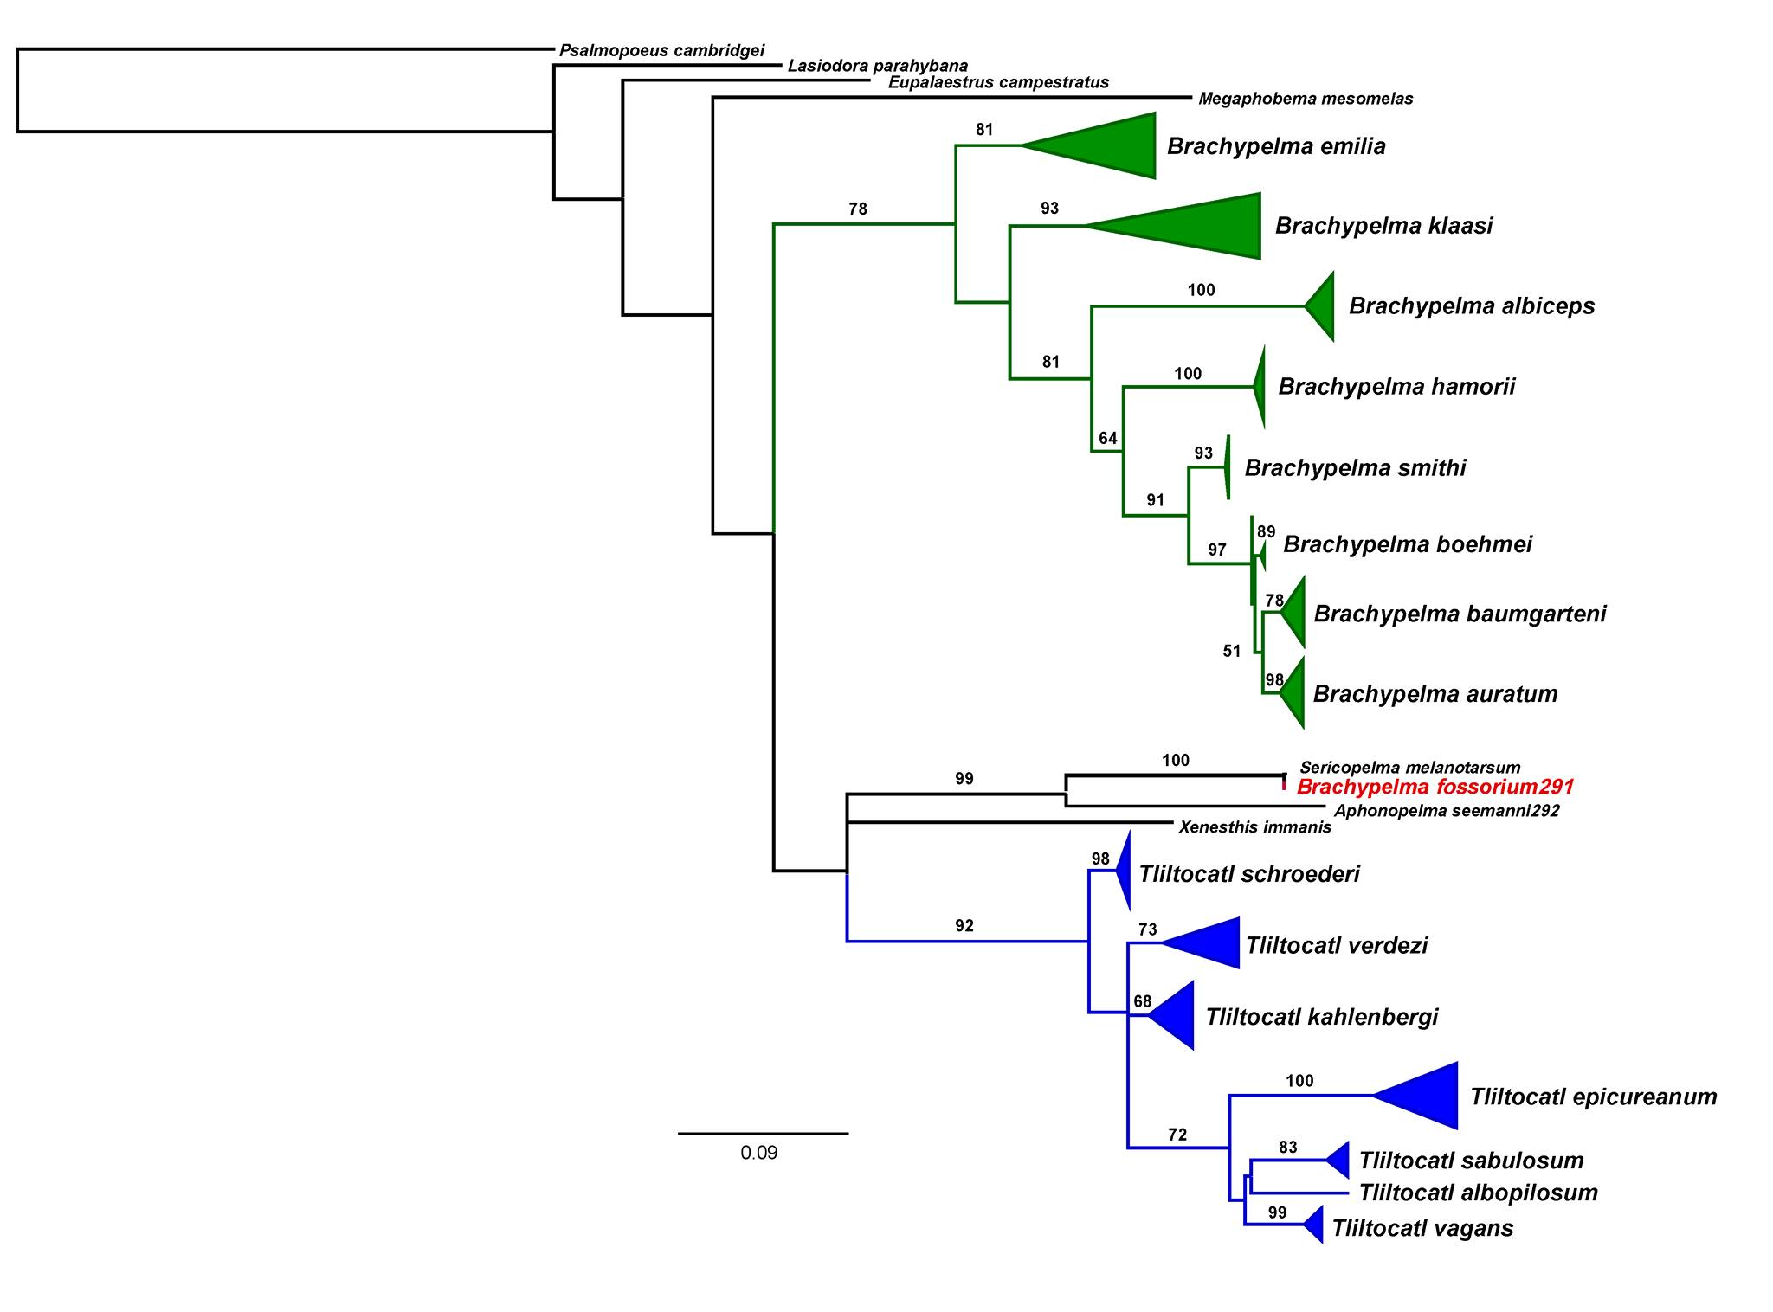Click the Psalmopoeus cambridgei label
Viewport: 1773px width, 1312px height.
pos(661,51)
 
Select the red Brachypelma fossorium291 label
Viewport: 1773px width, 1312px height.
pos(1435,788)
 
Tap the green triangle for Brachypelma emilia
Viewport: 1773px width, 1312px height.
pos(1108,145)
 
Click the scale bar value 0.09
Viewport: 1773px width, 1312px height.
pos(759,1153)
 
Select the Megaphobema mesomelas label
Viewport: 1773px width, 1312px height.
pos(1306,100)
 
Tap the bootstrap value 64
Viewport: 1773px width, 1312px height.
pos(1108,438)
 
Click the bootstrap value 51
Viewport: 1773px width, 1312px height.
pos(1232,652)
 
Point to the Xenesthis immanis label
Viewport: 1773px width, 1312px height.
pos(1254,827)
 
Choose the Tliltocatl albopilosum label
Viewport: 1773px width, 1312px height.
pos(1478,1193)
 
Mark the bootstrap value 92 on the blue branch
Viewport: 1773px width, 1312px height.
pos(964,926)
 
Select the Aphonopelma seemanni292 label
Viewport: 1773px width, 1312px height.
pos(1447,811)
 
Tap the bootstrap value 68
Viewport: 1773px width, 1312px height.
pos(1143,1001)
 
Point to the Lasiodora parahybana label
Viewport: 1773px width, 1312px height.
pos(878,67)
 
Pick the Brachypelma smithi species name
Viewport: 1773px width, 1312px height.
pos(1355,468)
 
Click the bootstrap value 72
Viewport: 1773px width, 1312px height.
pos(1177,1135)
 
